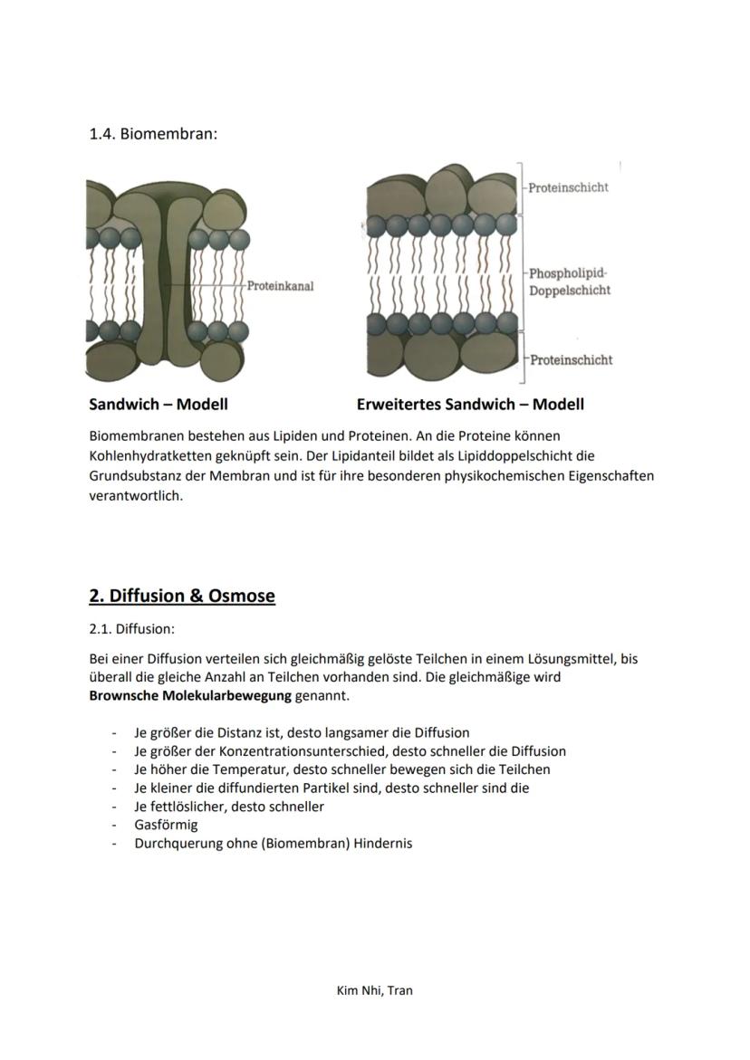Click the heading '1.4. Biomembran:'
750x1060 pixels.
coord(153,134)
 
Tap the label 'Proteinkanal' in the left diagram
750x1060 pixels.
coord(280,286)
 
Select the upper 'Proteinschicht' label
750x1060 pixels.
coord(568,187)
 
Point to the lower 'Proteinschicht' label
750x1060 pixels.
coord(571,359)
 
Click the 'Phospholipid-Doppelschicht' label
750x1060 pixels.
coord(570,282)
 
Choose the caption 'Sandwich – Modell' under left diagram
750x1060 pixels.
coord(158,405)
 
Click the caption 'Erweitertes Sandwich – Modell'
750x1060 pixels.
coord(470,405)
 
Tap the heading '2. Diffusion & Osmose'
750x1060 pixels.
coord(182,596)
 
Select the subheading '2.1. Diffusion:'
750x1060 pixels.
coord(131,628)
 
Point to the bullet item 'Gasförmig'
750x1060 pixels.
coord(166,825)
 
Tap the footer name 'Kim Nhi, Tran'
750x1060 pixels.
coord(374,990)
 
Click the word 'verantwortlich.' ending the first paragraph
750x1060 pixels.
coord(135,496)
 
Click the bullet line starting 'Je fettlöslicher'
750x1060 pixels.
coord(229,806)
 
